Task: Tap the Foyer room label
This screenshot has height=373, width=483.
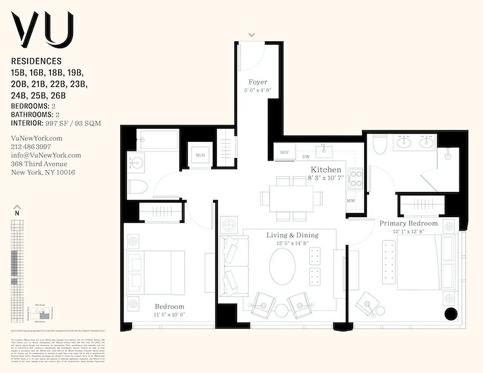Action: point(258,83)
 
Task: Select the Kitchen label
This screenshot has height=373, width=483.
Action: point(326,170)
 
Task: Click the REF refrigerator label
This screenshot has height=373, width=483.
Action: point(284,152)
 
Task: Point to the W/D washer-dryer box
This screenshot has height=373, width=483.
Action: point(200,155)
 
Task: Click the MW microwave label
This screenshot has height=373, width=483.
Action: point(351,201)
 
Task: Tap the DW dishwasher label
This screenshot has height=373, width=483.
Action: point(306,157)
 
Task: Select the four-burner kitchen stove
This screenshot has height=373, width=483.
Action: point(356,179)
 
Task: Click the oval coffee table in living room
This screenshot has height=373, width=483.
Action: point(282,264)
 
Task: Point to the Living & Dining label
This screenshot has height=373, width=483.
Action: point(292,235)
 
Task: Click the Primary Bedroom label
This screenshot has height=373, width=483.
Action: point(408,223)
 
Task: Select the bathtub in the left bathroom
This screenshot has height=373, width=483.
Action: point(158,140)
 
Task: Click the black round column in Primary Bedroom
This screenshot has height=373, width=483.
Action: point(451,314)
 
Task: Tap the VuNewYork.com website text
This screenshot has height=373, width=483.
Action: point(36,138)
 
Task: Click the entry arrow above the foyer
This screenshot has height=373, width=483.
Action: point(252,35)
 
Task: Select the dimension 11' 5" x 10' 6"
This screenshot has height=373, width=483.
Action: point(169,314)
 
